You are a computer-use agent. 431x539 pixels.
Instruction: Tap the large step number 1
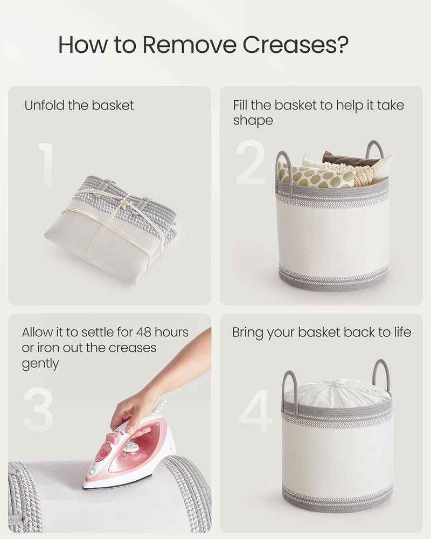click(x=45, y=164)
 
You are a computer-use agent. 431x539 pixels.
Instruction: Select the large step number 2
click(x=251, y=162)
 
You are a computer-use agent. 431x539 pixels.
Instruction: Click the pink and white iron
click(x=132, y=453)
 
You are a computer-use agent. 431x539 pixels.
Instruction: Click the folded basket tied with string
click(x=110, y=226)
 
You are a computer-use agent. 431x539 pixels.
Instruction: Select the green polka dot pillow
click(x=315, y=176)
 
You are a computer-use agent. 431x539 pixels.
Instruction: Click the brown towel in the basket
click(x=347, y=159)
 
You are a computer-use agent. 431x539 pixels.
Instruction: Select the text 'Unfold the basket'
click(x=79, y=105)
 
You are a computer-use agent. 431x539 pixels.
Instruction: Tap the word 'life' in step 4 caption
click(x=399, y=332)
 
